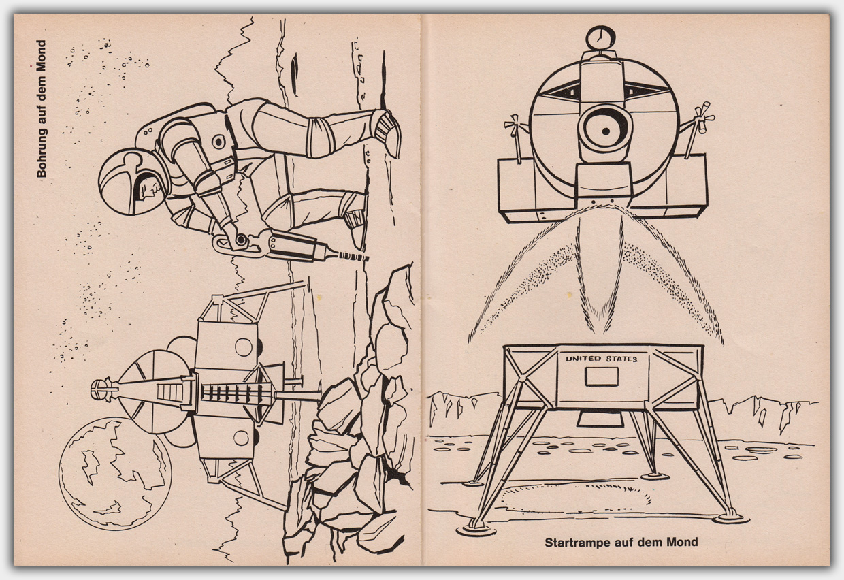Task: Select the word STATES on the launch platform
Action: [x=621, y=359]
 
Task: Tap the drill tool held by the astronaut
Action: [x=290, y=246]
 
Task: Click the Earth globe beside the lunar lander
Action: [x=115, y=473]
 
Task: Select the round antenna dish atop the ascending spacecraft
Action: [x=600, y=38]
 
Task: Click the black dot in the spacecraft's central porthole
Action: [x=606, y=131]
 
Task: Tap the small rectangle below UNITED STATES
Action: [x=602, y=376]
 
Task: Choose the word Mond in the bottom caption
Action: [x=683, y=542]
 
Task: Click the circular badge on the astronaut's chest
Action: [x=218, y=142]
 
